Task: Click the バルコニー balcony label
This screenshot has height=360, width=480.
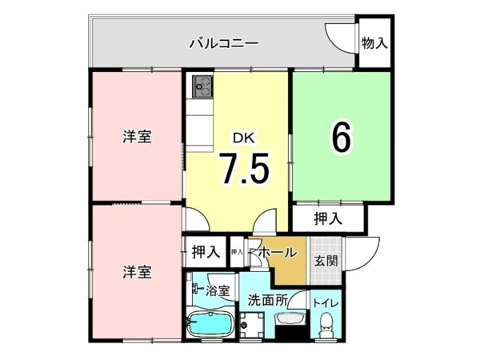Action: coord(223,42)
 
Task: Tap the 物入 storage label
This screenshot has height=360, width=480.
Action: coord(374,42)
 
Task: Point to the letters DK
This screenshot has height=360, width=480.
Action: coord(244,138)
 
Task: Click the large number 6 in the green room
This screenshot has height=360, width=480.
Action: coord(341,138)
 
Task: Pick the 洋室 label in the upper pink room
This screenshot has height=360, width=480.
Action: coord(137,136)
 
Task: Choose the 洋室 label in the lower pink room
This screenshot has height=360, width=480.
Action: coord(137,271)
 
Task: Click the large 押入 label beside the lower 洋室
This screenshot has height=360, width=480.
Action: coord(206,253)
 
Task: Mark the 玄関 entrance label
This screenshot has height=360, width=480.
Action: coord(325,260)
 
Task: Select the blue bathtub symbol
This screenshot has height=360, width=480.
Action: coord(209,327)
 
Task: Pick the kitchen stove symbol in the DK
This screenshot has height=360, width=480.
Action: coord(200,84)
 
